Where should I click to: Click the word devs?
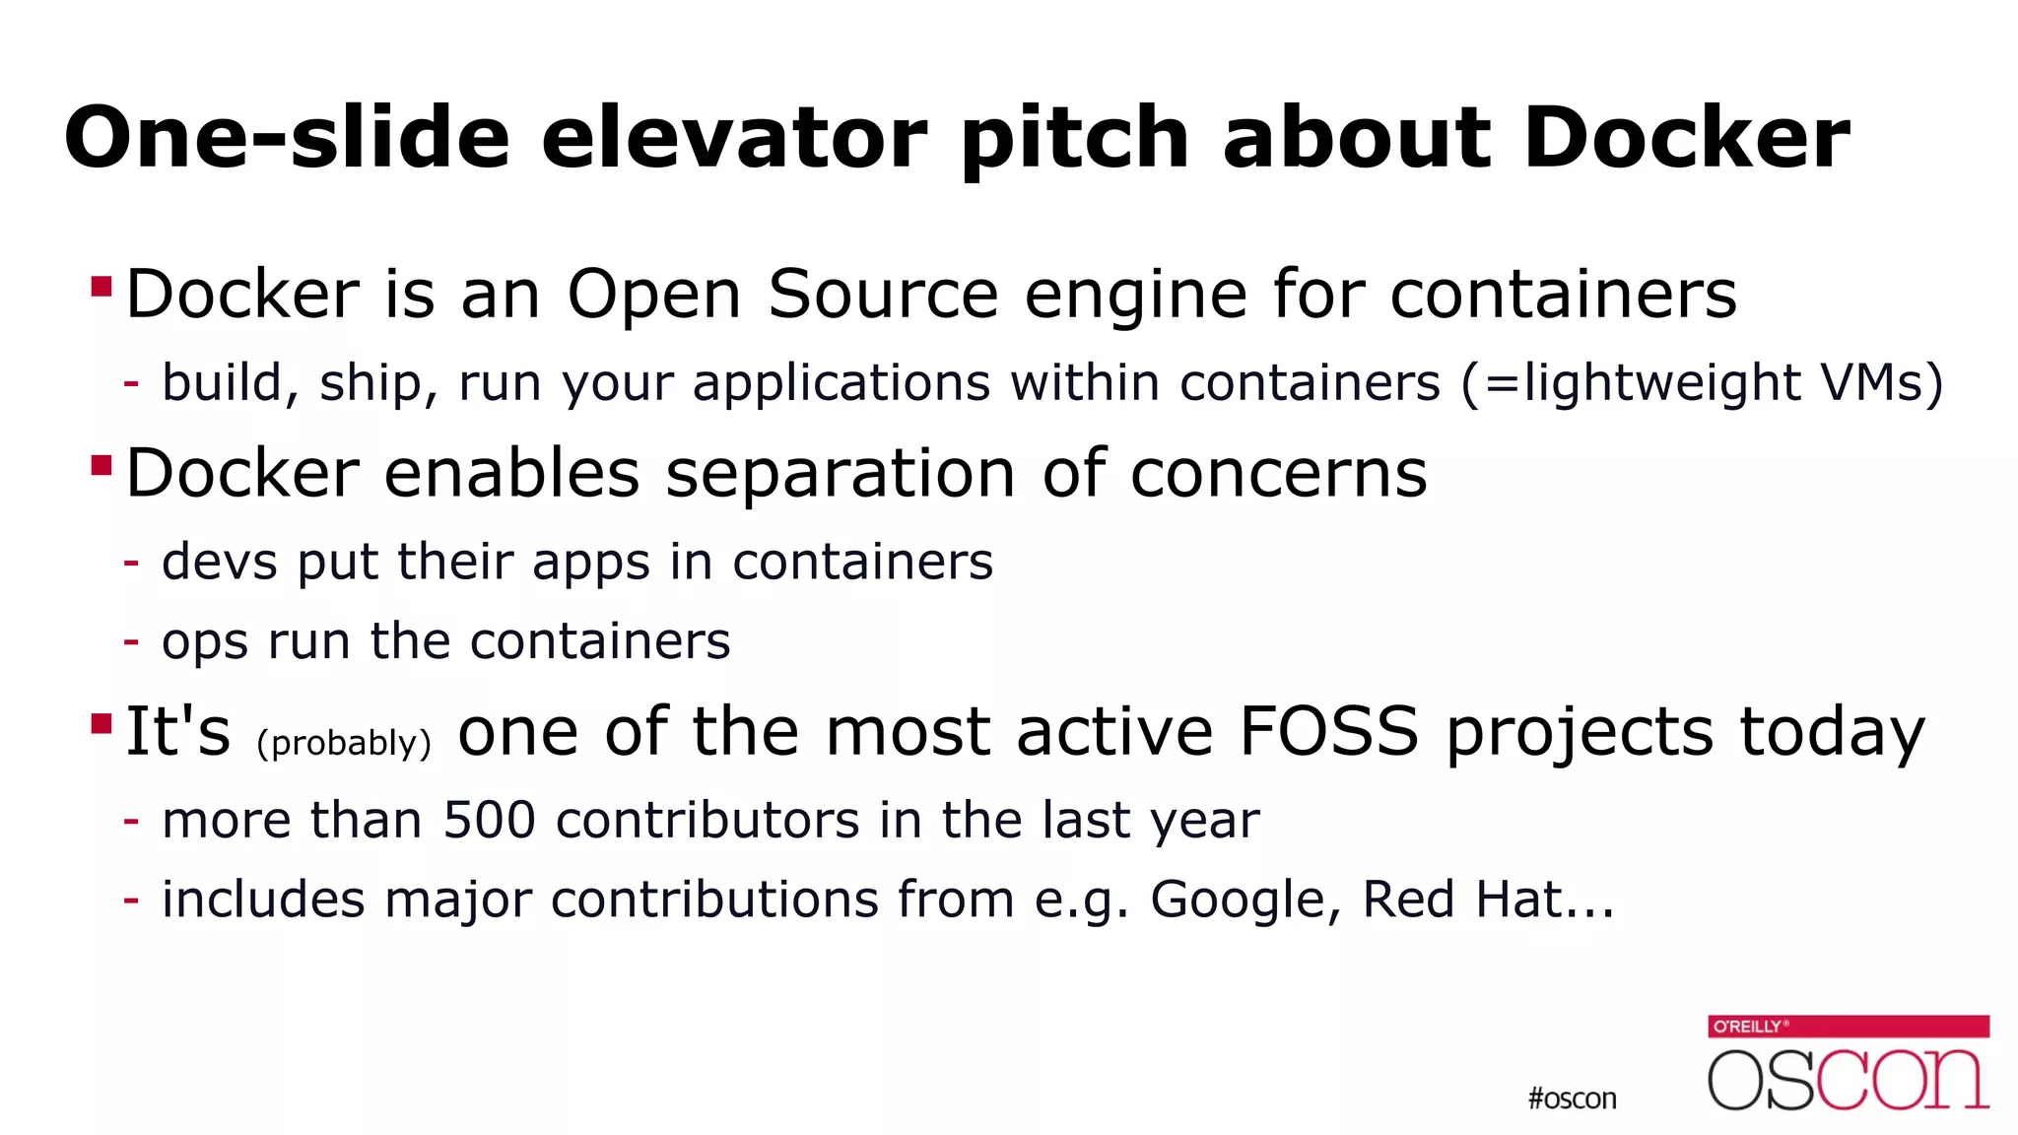click(219, 562)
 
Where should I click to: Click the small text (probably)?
click(344, 743)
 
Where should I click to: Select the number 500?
click(489, 820)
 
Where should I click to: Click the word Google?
click(1239, 901)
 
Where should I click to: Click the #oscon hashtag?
click(1572, 1099)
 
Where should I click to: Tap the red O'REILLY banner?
click(1848, 1027)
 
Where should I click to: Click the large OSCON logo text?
click(1848, 1080)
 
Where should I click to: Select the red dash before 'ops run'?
click(131, 642)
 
